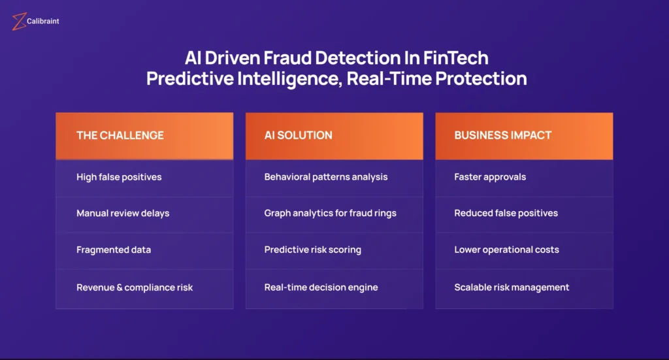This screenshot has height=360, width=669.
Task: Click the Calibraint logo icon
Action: coord(19,22)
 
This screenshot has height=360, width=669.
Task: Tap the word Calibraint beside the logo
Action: coord(42,22)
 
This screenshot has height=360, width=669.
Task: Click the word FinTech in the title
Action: coord(455,58)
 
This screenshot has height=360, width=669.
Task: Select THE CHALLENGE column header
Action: coord(144,136)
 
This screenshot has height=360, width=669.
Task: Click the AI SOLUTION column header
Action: coord(334,136)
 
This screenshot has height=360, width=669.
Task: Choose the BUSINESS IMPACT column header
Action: coord(525,136)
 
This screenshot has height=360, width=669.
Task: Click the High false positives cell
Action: coord(144,178)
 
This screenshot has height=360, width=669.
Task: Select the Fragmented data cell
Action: coord(144,251)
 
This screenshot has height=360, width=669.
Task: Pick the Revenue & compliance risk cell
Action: coord(144,288)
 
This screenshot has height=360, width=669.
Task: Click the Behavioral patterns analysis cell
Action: coord(334,178)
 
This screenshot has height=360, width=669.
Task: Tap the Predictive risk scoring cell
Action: coord(334,251)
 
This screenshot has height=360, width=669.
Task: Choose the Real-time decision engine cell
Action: coord(334,288)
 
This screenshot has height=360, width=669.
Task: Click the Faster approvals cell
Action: coord(525,178)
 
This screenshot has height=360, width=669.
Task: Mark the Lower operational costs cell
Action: coord(525,251)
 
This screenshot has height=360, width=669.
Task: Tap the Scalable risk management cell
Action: coord(525,288)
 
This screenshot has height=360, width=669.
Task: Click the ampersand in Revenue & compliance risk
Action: coord(120,287)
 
